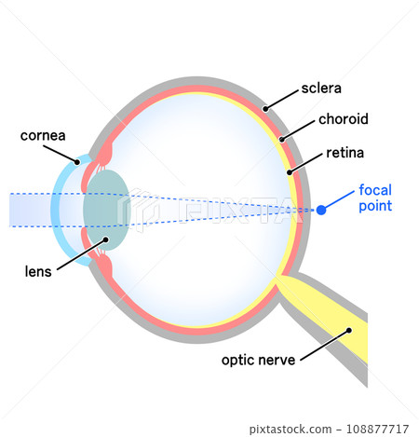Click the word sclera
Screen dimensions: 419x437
click(x=321, y=89)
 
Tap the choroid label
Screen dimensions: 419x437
click(x=344, y=119)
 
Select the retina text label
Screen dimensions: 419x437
click(x=345, y=153)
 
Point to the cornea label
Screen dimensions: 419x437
click(x=43, y=136)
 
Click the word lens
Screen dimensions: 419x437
click(x=38, y=271)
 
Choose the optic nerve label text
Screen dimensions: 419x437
click(x=258, y=361)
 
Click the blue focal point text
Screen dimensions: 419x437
click(x=375, y=198)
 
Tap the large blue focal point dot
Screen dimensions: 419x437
click(x=321, y=210)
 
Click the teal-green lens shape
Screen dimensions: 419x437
click(x=106, y=210)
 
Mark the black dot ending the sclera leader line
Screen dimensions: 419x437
click(x=265, y=109)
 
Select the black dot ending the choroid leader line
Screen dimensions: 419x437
click(x=282, y=139)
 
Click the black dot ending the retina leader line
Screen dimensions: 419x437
click(x=290, y=172)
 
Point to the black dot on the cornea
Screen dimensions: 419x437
click(x=77, y=162)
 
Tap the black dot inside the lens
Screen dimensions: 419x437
click(x=106, y=239)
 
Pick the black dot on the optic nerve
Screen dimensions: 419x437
click(x=349, y=331)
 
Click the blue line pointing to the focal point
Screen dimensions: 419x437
click(x=338, y=200)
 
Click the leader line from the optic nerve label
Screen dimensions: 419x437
click(x=325, y=346)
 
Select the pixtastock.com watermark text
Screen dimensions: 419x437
click(x=291, y=430)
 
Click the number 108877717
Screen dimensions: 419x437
click(x=377, y=429)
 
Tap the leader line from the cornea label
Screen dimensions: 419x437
click(x=61, y=154)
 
